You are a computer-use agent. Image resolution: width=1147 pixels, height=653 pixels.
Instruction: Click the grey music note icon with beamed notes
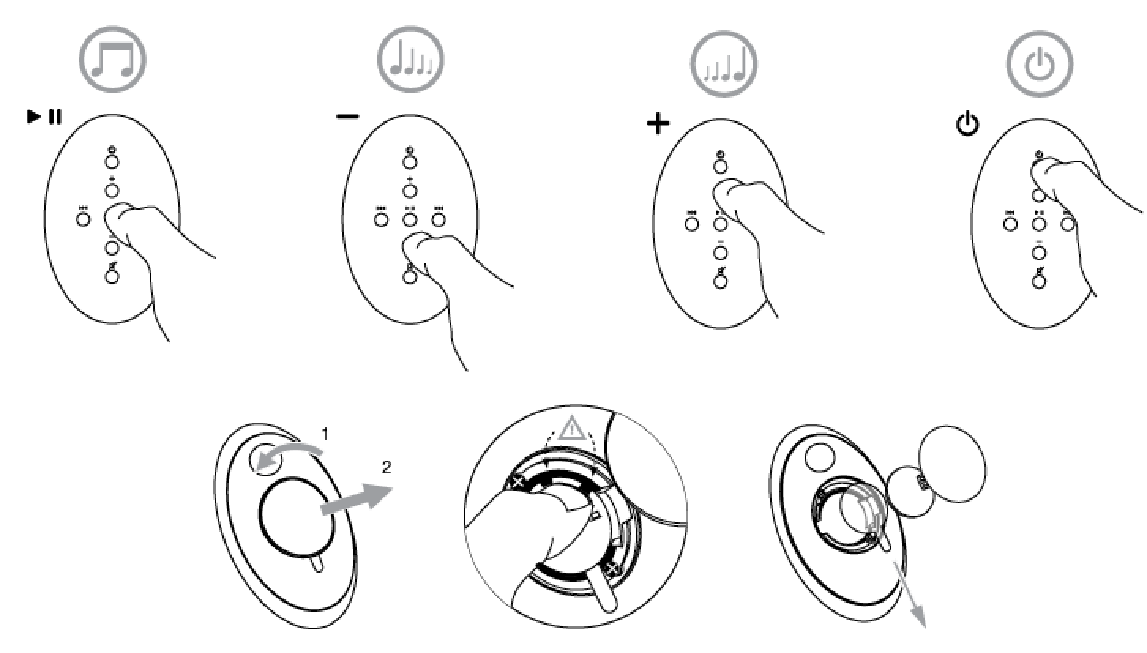pos(113,59)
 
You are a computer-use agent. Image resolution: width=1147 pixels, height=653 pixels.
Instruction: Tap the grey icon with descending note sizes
pos(411,59)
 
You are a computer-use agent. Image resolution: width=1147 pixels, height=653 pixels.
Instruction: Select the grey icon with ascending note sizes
pos(723,64)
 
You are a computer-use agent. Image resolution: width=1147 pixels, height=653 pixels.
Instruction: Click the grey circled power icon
pos(1040,64)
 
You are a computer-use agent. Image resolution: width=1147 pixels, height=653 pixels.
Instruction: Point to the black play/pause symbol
pos(44,117)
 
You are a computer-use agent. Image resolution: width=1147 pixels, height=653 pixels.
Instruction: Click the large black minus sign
pos(348,117)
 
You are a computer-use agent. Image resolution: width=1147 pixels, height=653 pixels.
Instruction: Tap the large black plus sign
pos(658,124)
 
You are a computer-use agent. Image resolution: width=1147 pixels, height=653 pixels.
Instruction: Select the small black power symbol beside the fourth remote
pos(968,124)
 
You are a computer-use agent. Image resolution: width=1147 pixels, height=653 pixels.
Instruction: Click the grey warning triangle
pos(572,429)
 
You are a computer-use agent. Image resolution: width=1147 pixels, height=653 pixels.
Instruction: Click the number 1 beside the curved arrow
pos(325,434)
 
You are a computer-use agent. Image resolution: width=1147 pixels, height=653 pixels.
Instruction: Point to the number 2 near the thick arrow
pos(387,467)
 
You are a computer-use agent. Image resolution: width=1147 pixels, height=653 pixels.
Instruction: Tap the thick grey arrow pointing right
pos(357,498)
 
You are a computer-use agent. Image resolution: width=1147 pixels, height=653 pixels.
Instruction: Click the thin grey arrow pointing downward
pos(910,595)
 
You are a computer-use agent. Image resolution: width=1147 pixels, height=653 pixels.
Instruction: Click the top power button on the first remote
pos(112,162)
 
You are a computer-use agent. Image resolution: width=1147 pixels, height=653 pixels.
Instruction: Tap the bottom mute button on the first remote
pos(112,277)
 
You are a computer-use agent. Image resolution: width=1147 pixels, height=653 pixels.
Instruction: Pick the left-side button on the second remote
pos(381,220)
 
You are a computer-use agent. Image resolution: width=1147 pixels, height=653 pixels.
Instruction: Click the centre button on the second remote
pos(409,220)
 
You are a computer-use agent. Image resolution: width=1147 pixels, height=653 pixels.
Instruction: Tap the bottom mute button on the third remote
pos(720,281)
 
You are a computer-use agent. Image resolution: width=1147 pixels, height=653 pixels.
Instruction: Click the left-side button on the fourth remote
pos(1011,224)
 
